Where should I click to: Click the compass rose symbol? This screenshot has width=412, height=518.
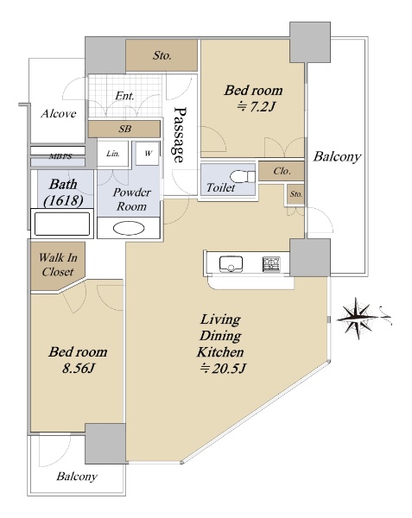[358, 319]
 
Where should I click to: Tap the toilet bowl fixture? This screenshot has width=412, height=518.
[243, 176]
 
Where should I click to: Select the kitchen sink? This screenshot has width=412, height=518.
[231, 264]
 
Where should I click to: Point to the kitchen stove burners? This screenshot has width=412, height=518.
[271, 264]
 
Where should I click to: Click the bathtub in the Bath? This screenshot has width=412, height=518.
[62, 224]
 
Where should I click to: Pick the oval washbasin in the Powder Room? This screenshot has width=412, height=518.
[129, 229]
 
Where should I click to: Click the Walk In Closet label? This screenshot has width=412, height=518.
[58, 264]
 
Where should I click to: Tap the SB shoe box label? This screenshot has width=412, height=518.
[125, 129]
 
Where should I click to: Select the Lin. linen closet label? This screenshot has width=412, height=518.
[113, 154]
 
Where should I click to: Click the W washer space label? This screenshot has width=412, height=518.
[149, 154]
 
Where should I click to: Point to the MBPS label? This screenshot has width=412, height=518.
[60, 156]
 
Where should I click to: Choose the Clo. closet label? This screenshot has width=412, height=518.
[282, 171]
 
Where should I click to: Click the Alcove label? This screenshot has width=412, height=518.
[59, 114]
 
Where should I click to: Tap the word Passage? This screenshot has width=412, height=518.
[180, 135]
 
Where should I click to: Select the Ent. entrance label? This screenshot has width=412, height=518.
[125, 96]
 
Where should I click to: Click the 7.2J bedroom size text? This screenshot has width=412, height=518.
[256, 106]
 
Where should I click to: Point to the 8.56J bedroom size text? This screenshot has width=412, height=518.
[79, 368]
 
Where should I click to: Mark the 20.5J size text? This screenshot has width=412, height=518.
[223, 368]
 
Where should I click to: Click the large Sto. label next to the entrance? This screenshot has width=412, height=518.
[162, 55]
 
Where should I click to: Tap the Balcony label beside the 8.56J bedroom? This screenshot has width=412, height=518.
[77, 477]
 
